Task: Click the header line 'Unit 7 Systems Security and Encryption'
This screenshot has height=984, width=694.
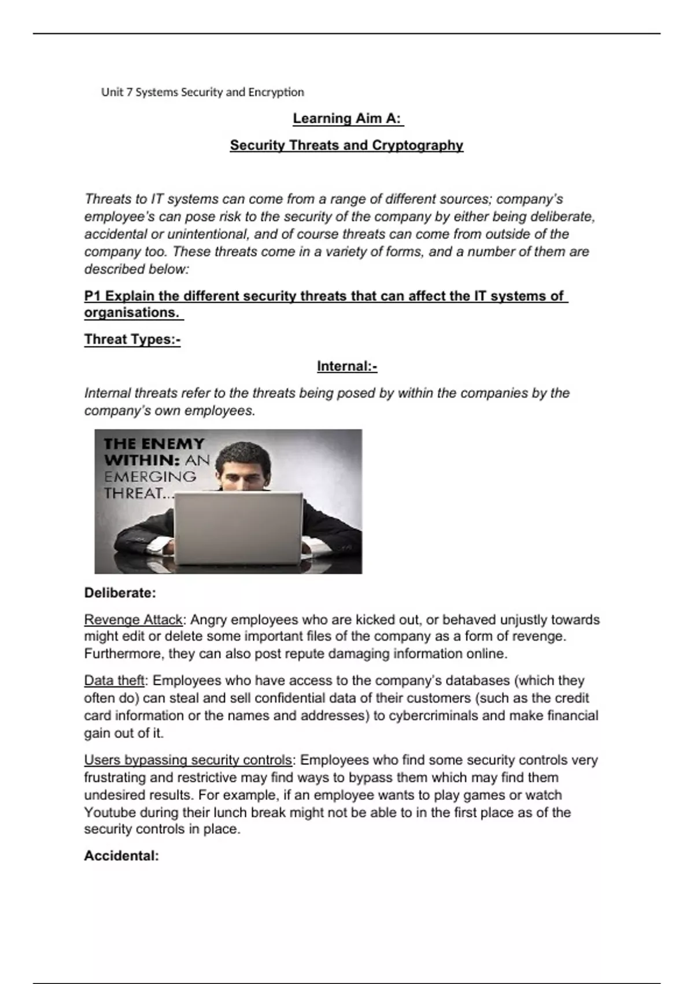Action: [202, 92]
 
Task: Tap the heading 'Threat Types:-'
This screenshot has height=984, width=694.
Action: [132, 339]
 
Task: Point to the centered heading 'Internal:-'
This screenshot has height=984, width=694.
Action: [347, 366]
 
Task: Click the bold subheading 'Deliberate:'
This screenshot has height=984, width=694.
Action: [120, 593]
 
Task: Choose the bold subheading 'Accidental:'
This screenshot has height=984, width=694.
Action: [121, 856]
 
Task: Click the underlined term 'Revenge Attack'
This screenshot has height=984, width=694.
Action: [133, 620]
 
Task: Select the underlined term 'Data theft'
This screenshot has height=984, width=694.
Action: [114, 681]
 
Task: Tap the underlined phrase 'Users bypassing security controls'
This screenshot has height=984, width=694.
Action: [188, 760]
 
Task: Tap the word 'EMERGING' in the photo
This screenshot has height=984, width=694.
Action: [150, 477]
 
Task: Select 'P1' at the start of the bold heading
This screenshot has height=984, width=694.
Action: [93, 296]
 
